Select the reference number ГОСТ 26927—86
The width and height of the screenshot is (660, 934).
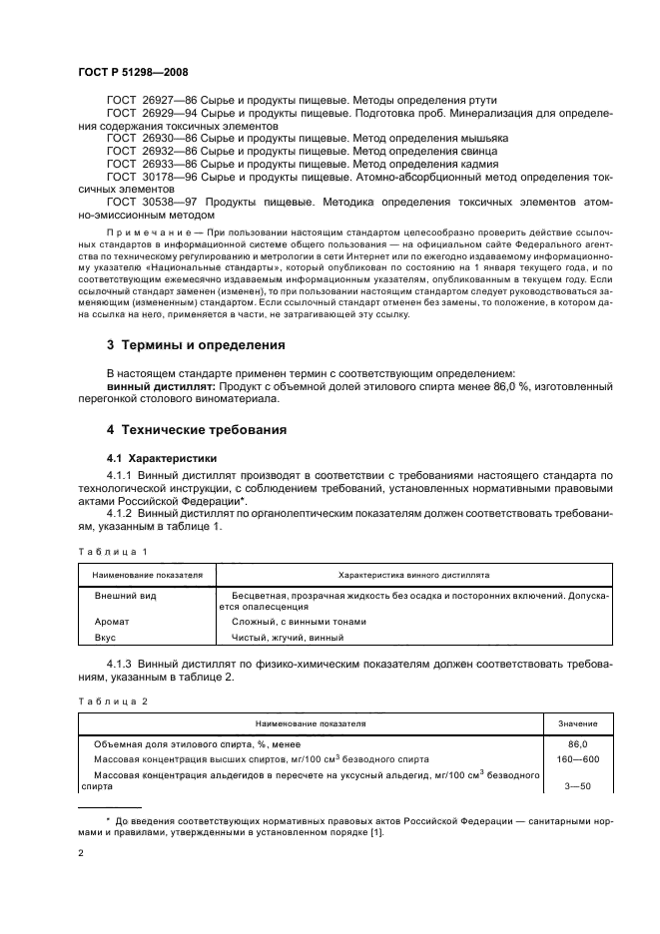(147, 101)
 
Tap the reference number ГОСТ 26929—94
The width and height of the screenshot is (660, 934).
(147, 114)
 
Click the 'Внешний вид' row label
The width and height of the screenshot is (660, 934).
(126, 595)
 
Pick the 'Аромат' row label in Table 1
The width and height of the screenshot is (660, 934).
(112, 622)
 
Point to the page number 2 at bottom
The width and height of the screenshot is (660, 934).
(81, 854)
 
